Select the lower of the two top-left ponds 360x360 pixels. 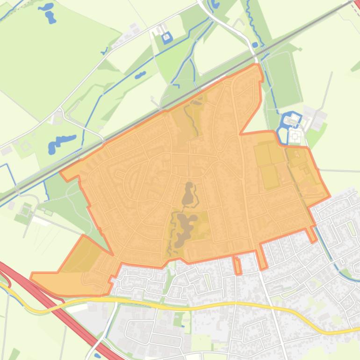click(50, 18)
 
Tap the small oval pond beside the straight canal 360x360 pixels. click(140, 75)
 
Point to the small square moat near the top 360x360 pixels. click(167, 37)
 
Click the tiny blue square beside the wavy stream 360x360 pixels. click(255, 45)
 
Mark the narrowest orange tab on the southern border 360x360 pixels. click(238, 266)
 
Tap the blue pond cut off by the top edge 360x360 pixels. click(215, 4)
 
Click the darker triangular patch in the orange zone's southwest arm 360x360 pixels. click(84, 255)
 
